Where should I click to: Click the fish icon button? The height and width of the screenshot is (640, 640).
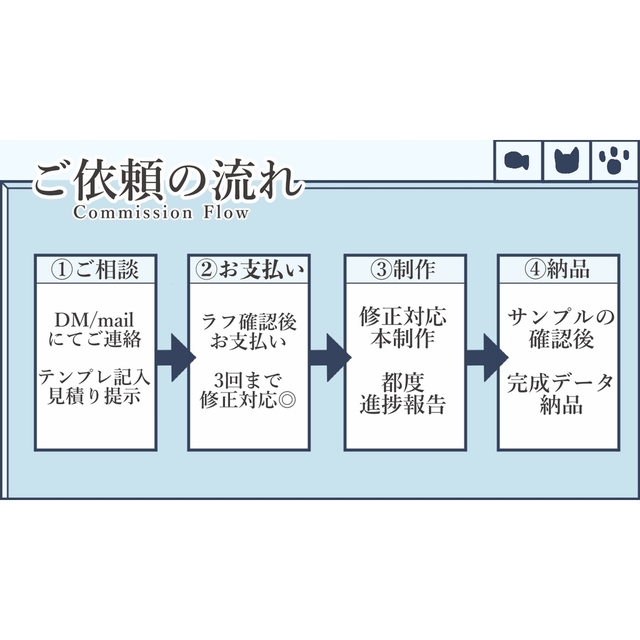coord(517,160)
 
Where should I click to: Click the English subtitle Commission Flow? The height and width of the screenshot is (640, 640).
coord(160,212)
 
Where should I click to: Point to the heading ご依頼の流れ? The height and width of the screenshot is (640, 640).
coord(166,180)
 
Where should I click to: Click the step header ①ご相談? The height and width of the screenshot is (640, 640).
coord(95,269)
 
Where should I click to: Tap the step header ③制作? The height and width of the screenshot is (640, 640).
coord(403,269)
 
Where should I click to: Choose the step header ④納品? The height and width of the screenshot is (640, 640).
coord(557,269)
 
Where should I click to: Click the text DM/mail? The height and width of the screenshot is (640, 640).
coord(95,319)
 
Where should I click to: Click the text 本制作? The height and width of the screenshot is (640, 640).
coord(403,338)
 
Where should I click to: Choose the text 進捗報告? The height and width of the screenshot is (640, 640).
coord(403,403)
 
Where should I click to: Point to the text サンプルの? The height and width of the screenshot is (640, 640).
coord(557,319)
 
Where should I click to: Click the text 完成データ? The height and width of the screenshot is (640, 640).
coord(557,384)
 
